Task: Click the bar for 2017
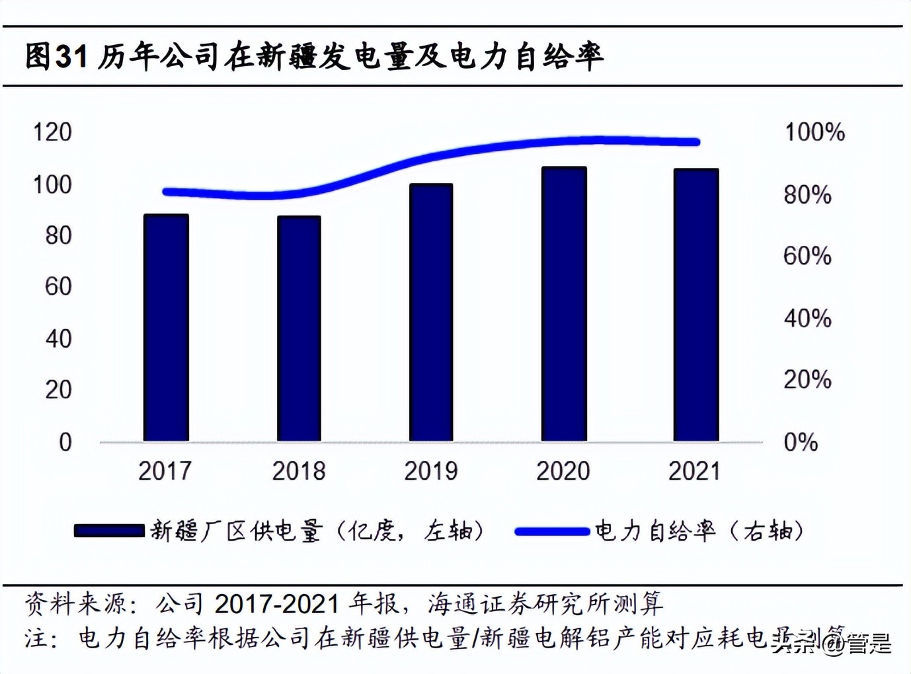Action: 166,328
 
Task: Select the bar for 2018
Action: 299,328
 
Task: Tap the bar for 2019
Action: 431,313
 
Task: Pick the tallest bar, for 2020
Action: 563,304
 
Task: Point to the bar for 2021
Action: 695,305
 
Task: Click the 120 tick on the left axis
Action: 52,132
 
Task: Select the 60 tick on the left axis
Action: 58,287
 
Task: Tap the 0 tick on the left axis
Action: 65,442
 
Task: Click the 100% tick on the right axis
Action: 814,132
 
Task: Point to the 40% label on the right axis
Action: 807,318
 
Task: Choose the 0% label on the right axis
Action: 801,442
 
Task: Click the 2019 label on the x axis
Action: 431,471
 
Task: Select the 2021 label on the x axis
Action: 694,471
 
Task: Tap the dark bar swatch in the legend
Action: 109,531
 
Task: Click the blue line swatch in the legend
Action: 551,531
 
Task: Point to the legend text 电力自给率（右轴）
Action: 699,531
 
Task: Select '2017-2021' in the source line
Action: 276,603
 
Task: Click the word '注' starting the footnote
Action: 36,638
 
